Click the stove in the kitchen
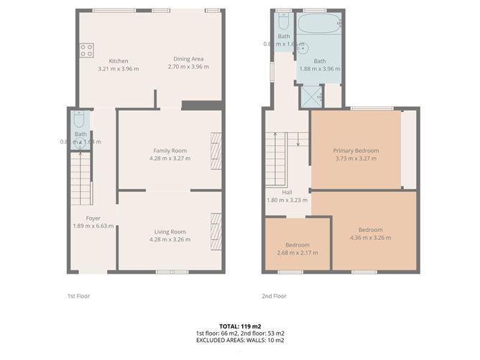coord(86,50)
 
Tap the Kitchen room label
coord(118,61)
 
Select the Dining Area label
coord(188,59)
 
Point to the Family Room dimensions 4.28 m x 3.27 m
coord(170,158)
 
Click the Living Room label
coord(170,231)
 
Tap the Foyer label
coord(93,218)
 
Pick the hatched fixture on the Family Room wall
coord(216,151)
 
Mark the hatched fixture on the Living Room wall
coord(216,231)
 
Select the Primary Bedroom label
coord(356,150)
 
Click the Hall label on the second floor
coord(287,192)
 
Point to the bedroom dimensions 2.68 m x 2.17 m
coord(297,252)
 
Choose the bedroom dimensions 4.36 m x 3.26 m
coord(371,238)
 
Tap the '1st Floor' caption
coord(78,295)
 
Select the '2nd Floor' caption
coord(274,295)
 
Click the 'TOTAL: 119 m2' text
coord(240,326)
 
